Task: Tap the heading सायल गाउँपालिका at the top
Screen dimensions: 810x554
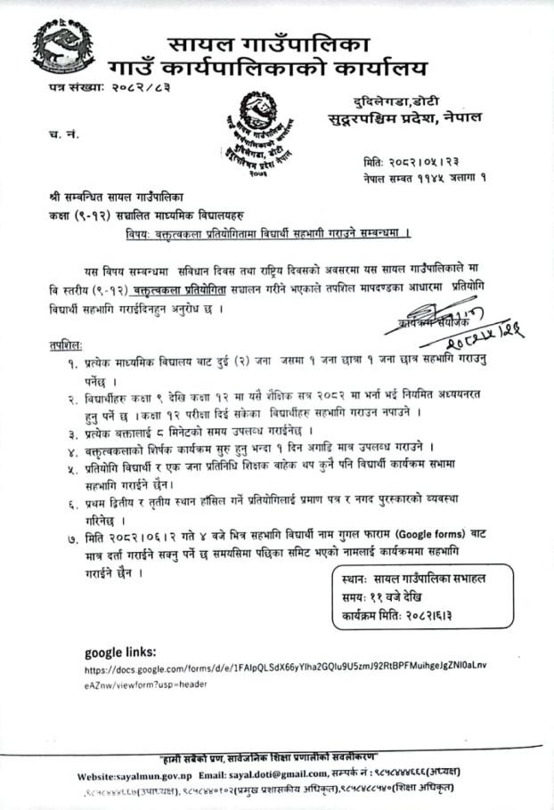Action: click(267, 42)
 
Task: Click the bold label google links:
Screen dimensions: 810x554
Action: click(121, 651)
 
